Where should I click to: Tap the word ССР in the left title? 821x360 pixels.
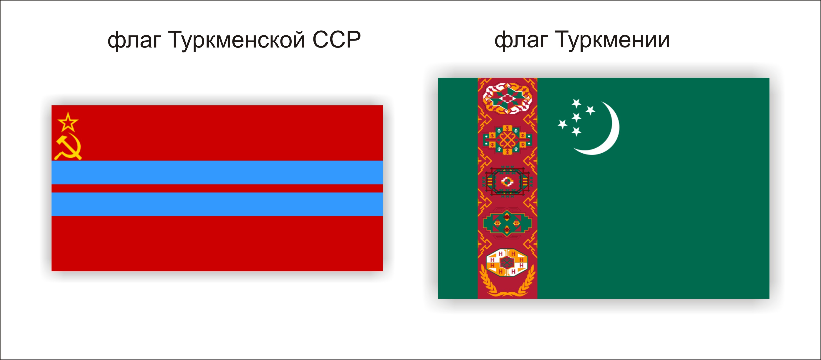tap(337, 40)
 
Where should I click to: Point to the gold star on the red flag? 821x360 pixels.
tap(68, 122)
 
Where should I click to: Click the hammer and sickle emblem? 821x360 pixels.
tap(68, 146)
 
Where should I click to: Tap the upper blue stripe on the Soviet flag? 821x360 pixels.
tap(217, 172)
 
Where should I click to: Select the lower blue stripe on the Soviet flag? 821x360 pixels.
tap(217, 204)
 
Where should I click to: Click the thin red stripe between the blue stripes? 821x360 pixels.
tap(217, 188)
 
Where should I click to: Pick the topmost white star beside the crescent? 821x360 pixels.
tap(576, 103)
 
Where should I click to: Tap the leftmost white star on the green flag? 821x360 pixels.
tap(563, 124)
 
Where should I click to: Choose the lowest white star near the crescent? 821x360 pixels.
tap(576, 131)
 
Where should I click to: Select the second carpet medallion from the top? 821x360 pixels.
tap(507, 140)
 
